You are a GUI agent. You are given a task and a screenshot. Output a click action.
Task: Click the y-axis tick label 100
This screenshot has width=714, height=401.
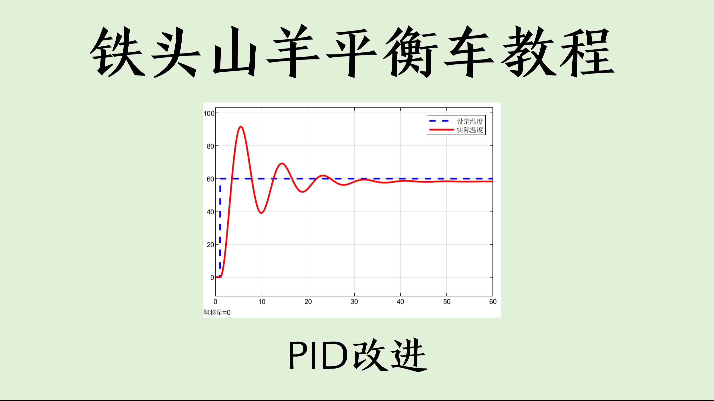point(209,113)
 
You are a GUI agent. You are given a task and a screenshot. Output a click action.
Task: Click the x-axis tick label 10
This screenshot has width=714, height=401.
point(262,302)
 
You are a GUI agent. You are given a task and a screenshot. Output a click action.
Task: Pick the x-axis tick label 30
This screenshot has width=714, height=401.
point(354,302)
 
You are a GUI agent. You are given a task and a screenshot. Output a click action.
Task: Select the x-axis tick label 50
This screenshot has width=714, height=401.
point(447,302)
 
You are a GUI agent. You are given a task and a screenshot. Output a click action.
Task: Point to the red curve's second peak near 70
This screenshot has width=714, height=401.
point(282,163)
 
